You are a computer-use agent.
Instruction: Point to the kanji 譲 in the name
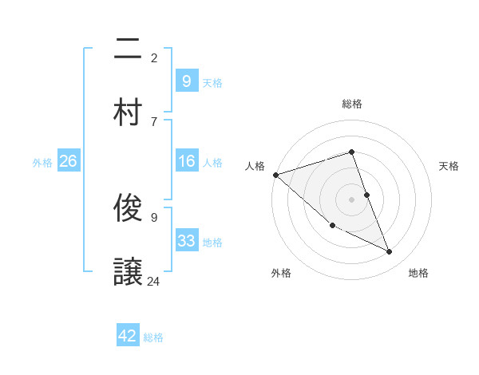coord(128,271)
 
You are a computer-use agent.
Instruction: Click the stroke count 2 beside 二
coord(154,57)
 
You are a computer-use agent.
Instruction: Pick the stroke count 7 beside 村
coord(154,121)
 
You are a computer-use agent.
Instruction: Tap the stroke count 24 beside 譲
coord(154,281)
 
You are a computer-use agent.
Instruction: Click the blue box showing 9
coord(186,81)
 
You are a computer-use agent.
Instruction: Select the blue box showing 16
coord(186,162)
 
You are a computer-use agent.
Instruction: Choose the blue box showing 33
coord(186,241)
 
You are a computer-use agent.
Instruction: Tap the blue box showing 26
coord(68,162)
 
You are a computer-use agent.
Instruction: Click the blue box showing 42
coord(128,336)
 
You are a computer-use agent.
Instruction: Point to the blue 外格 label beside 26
coord(42,163)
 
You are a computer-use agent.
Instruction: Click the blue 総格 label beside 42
coord(153,337)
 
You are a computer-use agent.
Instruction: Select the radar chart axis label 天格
coord(449,166)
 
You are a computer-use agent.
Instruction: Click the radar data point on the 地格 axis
coord(390,252)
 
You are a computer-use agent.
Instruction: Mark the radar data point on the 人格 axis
coord(275,175)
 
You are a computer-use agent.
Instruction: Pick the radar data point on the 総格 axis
coord(351,152)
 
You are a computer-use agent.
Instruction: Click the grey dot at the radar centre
coord(351,199)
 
